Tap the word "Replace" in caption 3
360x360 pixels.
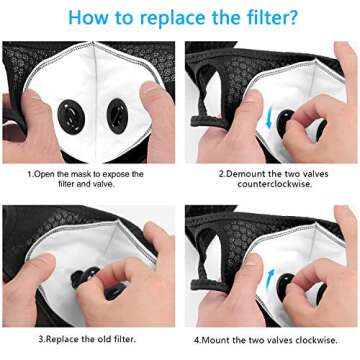61,338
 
